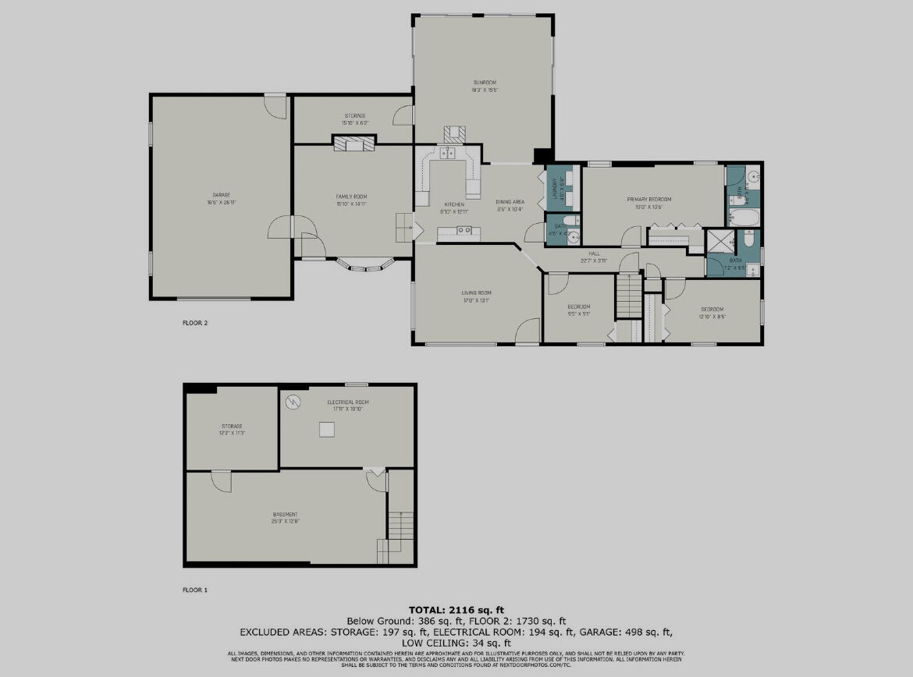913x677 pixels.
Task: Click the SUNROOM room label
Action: click(484, 82)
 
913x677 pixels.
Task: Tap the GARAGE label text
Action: click(221, 195)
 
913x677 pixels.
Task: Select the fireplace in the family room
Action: click(353, 143)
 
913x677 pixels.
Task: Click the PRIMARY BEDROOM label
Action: click(649, 199)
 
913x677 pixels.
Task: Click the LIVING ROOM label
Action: click(476, 292)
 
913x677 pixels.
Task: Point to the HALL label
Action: click(594, 252)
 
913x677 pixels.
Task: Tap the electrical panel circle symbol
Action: click(293, 402)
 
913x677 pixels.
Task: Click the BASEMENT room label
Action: click(285, 514)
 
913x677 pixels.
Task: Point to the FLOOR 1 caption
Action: click(195, 590)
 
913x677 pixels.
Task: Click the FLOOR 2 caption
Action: click(195, 322)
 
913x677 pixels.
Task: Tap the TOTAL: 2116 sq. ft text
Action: click(456, 608)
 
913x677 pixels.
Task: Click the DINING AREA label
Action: click(510, 201)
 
